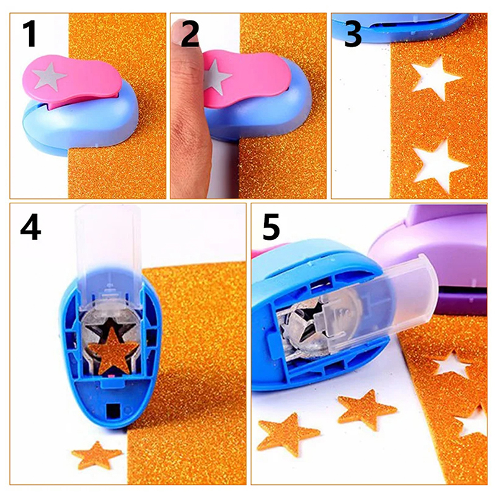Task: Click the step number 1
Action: pos(29,34)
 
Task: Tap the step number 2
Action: pos(190,34)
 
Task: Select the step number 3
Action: pos(352,34)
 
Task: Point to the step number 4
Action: pos(30,227)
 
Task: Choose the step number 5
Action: pos(271,226)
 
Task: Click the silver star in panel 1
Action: pos(50,76)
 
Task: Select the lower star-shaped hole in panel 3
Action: pos(438,165)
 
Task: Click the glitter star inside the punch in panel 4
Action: pos(113,350)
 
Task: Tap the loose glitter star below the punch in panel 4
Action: pos(96,456)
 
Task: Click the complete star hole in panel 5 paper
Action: pos(451,365)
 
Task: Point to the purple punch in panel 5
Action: pos(436,253)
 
